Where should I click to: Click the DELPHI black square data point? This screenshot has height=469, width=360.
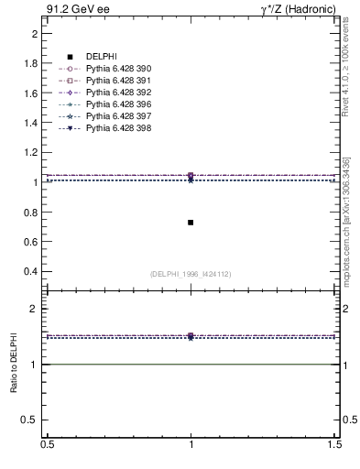(x=191, y=223)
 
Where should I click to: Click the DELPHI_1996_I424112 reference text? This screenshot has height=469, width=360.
(x=191, y=274)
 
